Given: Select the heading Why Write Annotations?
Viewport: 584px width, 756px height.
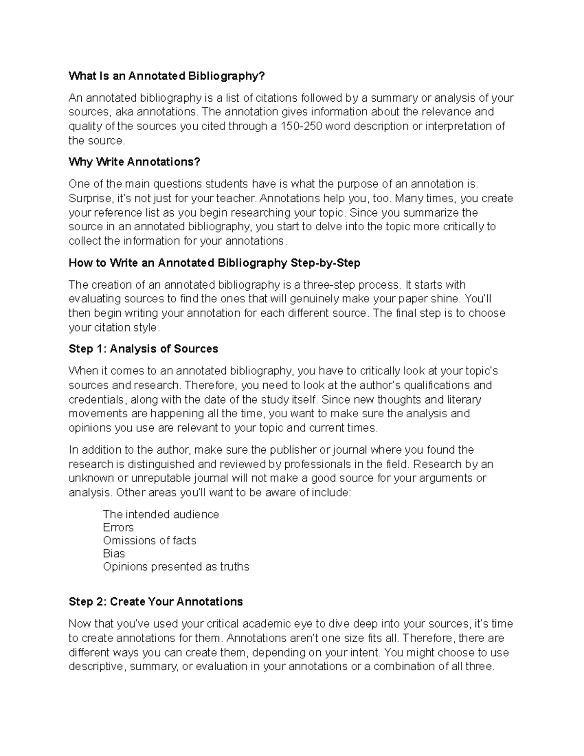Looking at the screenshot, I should coord(134,162).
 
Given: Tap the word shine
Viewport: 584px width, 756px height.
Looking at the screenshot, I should coord(446,299).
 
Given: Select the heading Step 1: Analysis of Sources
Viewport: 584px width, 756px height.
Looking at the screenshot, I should coord(143,349).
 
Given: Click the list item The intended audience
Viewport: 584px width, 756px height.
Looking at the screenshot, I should coord(161,515).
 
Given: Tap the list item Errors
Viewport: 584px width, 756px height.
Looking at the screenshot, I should coord(118,528).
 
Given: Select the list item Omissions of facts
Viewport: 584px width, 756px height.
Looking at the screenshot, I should coord(149,541).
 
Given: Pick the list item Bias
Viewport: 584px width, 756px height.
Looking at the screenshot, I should coord(114,554).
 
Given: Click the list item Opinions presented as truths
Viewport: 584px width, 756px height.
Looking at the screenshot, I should coord(176,567).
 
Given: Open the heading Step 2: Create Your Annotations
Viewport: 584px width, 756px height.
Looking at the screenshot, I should coord(156,602).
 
